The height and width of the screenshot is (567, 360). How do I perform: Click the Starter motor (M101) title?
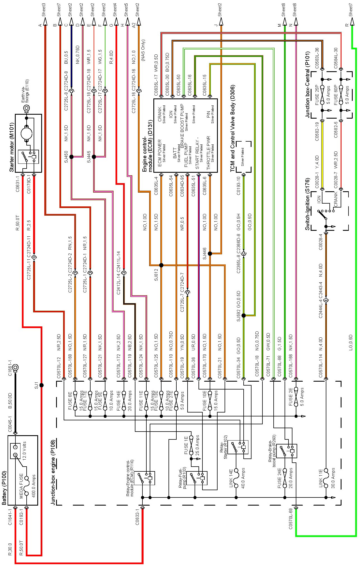point(11,147)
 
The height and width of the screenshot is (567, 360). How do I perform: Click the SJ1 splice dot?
point(41,385)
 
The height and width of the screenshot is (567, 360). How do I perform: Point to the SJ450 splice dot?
point(71,157)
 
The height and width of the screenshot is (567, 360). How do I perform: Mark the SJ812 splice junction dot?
point(161,265)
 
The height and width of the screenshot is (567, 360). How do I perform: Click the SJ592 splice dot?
point(244,315)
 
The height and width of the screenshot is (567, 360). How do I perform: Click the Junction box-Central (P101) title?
point(308,84)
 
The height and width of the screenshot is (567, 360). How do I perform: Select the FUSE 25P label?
point(317,95)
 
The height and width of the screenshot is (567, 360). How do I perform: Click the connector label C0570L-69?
point(291,518)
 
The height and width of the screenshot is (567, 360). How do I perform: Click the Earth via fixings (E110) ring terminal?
point(27,108)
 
